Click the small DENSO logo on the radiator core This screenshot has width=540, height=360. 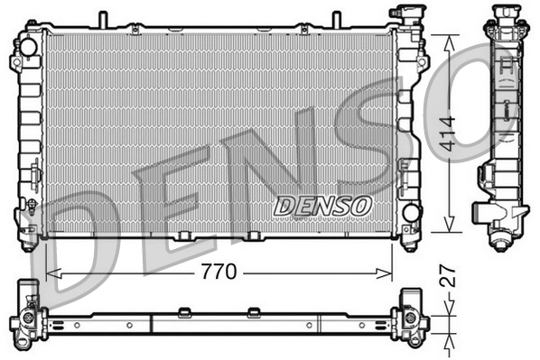pyautogui.click(x=322, y=207)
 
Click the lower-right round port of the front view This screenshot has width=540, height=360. pyautogui.click(x=411, y=213)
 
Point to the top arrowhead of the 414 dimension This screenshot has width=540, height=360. pyautogui.click(x=447, y=39)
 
